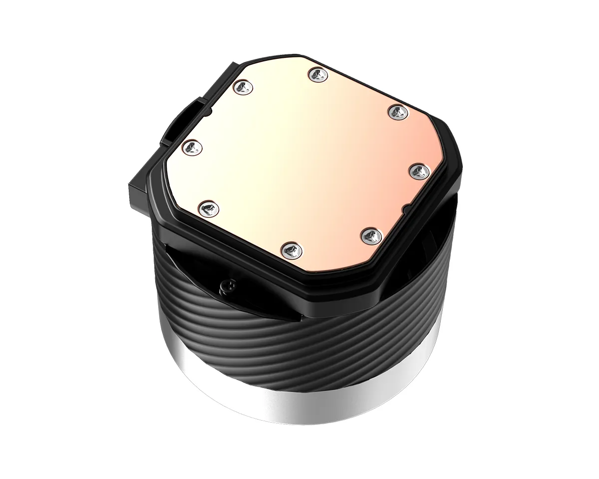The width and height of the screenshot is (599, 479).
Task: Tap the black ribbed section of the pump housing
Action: click(299, 339)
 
